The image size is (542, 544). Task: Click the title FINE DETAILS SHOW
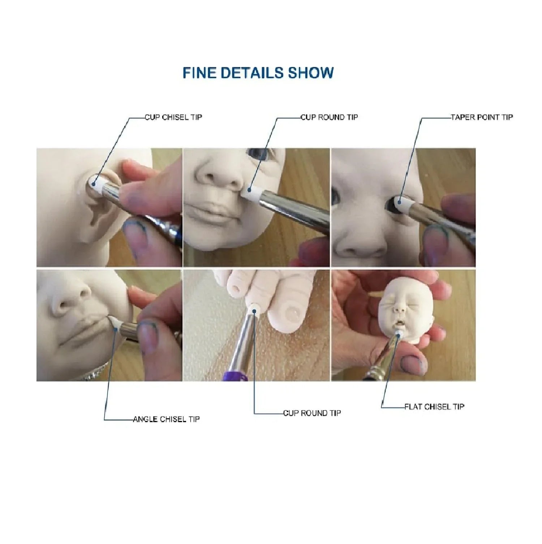click(x=258, y=73)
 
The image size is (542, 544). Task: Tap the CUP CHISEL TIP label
click(x=173, y=117)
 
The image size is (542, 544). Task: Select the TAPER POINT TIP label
click(x=482, y=117)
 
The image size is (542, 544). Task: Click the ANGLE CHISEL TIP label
click(x=166, y=419)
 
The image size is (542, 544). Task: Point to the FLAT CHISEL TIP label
click(x=434, y=407)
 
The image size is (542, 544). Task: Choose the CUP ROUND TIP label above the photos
click(x=330, y=117)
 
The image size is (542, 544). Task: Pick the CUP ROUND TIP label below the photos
click(x=312, y=413)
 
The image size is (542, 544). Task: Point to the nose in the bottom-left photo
click(x=72, y=297)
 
